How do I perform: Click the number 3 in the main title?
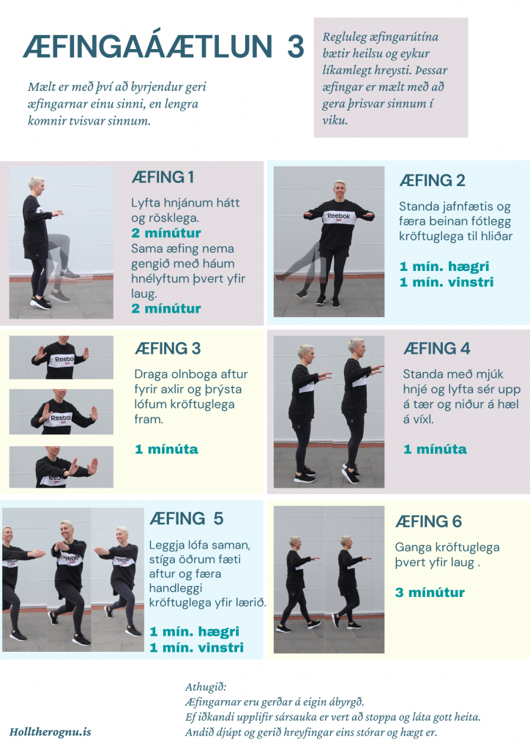(x=296, y=46)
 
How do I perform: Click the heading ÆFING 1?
(x=163, y=177)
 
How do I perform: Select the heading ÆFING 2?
(x=432, y=180)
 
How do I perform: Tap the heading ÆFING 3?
(x=167, y=348)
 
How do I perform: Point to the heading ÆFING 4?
(x=437, y=348)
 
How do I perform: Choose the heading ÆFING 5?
(x=187, y=519)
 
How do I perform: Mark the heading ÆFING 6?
(x=429, y=521)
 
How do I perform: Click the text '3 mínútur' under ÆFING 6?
(x=430, y=593)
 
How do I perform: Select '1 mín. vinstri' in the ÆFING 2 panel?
(x=447, y=282)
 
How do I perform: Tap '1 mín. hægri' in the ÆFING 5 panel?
(x=195, y=632)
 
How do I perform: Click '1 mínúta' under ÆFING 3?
(x=166, y=449)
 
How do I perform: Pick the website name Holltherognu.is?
(x=51, y=732)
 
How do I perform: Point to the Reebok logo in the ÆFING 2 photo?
(x=338, y=217)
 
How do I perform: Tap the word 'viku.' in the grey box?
(x=335, y=120)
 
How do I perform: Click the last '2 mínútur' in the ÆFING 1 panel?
(x=166, y=308)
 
